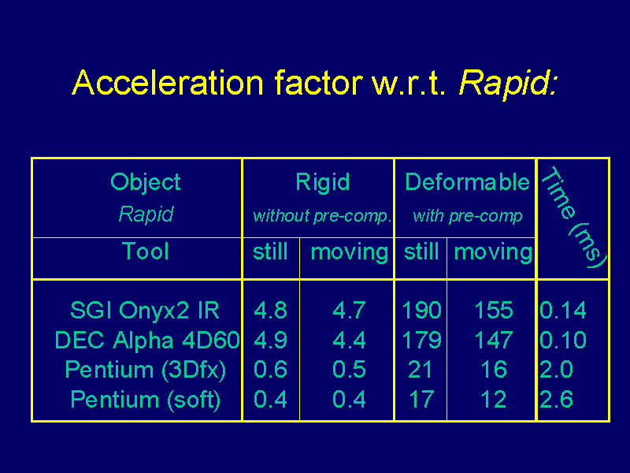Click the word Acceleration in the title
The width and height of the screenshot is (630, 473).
tap(168, 83)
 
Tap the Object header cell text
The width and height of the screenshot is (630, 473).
tap(146, 183)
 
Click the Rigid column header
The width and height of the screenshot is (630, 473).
tap(323, 182)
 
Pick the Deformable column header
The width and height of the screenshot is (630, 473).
tap(467, 182)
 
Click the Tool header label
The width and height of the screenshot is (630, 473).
tap(145, 251)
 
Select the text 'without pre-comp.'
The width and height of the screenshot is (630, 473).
tap(322, 216)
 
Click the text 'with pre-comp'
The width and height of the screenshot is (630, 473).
tap(468, 216)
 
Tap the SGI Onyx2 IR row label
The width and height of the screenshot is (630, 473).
tap(145, 310)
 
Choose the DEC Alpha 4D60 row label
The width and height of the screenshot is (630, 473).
tap(147, 340)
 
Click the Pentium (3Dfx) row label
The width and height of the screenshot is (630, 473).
tap(145, 370)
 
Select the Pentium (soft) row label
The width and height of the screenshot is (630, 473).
tap(146, 400)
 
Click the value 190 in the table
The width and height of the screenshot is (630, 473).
tap(421, 310)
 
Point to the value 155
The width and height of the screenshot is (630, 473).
tap(494, 310)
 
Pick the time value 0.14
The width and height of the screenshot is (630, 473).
tap(563, 310)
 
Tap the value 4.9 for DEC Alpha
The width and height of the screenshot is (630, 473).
tap(270, 340)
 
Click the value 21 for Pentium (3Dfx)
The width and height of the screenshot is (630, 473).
tap(421, 370)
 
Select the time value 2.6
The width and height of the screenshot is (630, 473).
tap(556, 400)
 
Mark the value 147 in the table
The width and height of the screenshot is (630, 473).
tap(494, 340)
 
